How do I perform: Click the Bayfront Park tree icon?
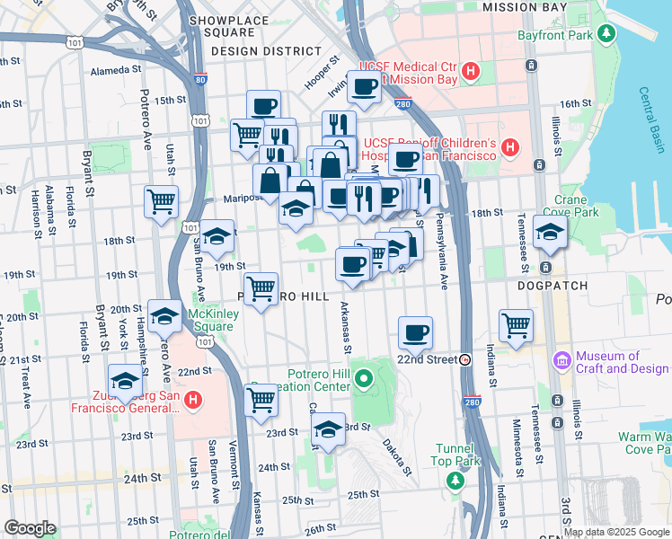point(607,35)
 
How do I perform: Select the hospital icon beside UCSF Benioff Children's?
point(510,146)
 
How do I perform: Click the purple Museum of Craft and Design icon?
point(563,360)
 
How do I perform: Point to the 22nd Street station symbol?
point(465,359)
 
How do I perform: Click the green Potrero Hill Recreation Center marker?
point(363,378)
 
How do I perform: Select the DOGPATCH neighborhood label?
point(553,286)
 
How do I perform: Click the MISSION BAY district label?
point(525,7)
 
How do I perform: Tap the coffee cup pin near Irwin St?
point(364,87)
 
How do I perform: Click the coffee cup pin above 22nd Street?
point(415,333)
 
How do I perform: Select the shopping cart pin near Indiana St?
point(516,325)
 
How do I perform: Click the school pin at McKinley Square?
point(164,315)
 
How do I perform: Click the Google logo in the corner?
point(29,528)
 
